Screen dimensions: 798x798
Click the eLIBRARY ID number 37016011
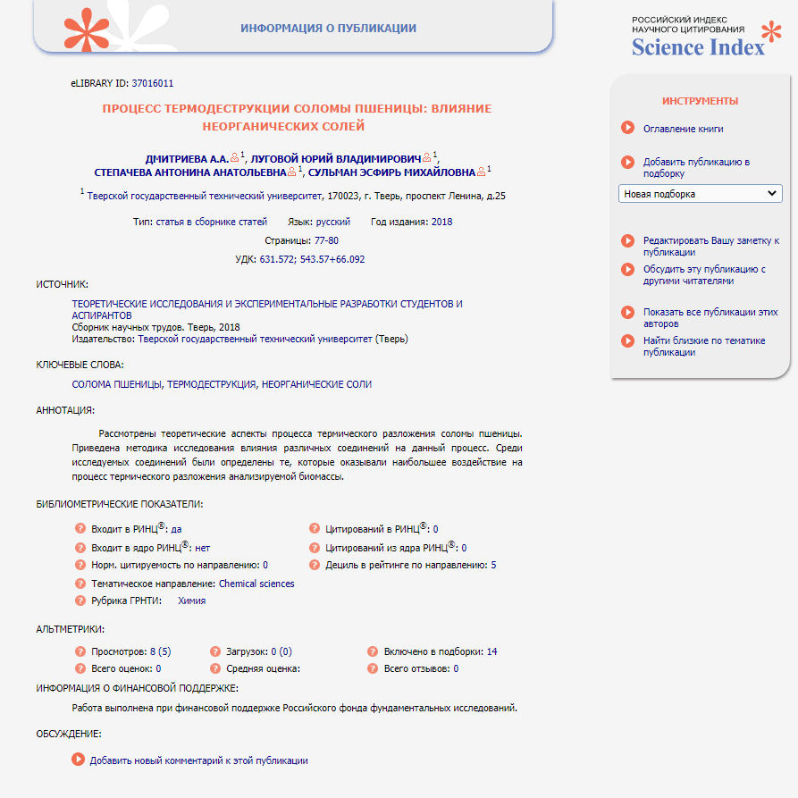152,83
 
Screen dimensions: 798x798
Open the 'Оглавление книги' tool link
683,129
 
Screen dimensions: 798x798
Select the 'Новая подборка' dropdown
700,194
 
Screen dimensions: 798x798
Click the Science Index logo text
698,46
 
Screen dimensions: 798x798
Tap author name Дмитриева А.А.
187,157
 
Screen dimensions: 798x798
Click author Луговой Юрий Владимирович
337,157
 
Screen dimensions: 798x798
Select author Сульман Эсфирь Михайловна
392,172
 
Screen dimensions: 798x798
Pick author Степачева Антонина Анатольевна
190,172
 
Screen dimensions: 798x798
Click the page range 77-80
326,241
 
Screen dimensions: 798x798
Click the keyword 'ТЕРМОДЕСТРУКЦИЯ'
212,384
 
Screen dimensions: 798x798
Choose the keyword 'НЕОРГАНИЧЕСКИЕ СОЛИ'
316,384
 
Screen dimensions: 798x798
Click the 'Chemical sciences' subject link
256,584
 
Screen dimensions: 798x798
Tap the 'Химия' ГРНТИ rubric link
191,601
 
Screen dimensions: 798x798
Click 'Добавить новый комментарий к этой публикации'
198,760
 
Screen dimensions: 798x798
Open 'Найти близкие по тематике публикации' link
703,346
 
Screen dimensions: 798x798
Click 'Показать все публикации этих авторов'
710,318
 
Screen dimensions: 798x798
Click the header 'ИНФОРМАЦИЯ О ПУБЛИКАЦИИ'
328,29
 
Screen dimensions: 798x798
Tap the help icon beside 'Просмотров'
80,651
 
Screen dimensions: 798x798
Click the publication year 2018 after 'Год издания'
441,222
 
